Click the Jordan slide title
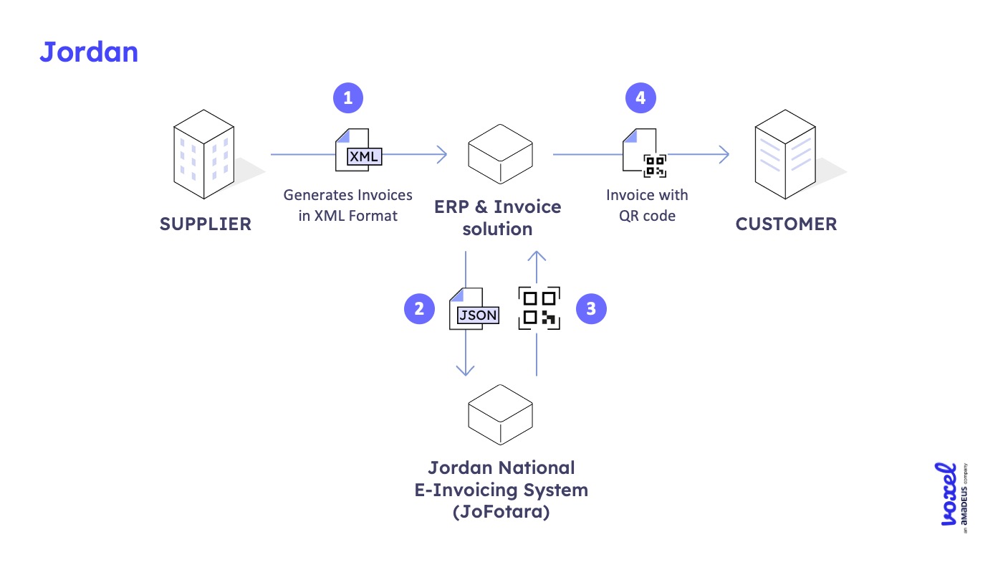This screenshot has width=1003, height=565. pyautogui.click(x=89, y=53)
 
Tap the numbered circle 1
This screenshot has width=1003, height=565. pyautogui.click(x=348, y=98)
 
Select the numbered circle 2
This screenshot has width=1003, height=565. pyautogui.click(x=419, y=309)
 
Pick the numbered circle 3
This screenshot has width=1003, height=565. pyautogui.click(x=591, y=309)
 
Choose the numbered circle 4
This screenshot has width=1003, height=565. pyautogui.click(x=640, y=98)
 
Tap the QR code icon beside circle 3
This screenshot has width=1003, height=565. pyautogui.click(x=539, y=308)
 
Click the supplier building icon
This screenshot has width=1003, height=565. pyautogui.click(x=204, y=153)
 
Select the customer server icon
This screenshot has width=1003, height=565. pyautogui.click(x=786, y=153)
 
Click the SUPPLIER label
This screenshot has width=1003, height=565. pyautogui.click(x=206, y=224)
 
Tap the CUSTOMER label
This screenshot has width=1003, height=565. pyautogui.click(x=786, y=224)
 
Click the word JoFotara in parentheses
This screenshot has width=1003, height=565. pyautogui.click(x=501, y=513)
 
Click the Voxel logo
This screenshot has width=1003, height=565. pyautogui.click(x=950, y=495)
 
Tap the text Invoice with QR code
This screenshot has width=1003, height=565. pyautogui.click(x=646, y=204)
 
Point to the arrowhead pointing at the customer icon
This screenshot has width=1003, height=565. pyautogui.click(x=724, y=154)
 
